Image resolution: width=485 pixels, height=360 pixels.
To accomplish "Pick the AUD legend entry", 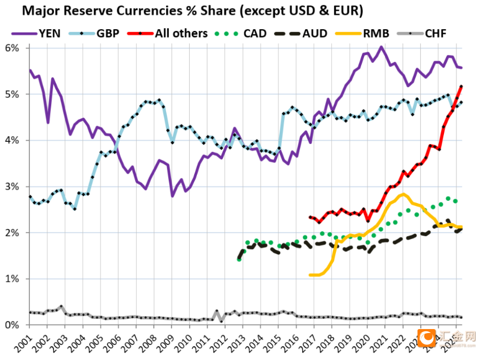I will (x=316, y=33).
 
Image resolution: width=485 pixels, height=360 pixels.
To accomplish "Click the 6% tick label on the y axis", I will (x=14, y=48).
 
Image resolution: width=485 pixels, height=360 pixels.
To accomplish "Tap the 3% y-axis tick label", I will (x=14, y=187).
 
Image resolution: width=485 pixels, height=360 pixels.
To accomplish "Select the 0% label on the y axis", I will (x=14, y=325).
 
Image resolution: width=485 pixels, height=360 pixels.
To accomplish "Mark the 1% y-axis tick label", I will (x=14, y=279).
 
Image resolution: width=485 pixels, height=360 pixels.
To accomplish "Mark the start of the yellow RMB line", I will (x=310, y=275).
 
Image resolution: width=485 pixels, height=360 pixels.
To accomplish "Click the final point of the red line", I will (x=462, y=86).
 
